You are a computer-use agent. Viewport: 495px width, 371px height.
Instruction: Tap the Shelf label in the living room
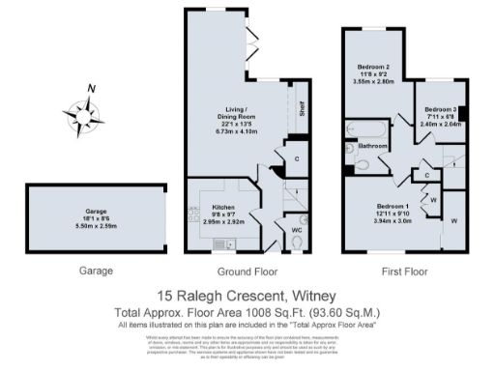coord(301,107)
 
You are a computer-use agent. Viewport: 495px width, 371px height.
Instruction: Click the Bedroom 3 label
coord(440,109)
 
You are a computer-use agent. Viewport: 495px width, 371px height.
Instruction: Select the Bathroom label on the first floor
coord(374,146)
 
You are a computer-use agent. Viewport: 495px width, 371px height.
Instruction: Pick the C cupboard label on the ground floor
coord(296,157)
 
